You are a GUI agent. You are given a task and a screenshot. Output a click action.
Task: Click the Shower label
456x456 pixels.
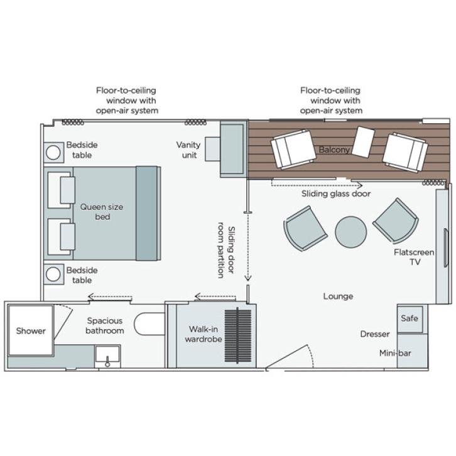click(31, 331)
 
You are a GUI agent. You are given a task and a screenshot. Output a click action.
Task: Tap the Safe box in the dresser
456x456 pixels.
click(410, 319)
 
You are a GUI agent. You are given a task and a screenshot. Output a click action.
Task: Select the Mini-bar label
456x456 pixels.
click(395, 354)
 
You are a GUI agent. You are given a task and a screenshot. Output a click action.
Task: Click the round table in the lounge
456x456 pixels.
click(350, 232)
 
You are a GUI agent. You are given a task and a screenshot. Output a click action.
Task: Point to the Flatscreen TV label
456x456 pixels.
click(413, 257)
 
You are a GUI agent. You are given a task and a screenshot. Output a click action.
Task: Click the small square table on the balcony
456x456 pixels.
click(363, 142)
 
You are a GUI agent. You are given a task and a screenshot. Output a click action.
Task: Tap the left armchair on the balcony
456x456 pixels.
click(294, 149)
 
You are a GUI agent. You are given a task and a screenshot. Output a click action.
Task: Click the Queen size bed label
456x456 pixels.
click(102, 212)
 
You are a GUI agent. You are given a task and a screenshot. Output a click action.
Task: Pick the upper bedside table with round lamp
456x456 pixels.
click(53, 152)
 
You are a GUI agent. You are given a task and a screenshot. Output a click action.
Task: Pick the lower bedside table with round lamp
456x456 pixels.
click(53, 274)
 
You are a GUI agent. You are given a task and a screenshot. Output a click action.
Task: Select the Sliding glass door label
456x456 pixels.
click(337, 194)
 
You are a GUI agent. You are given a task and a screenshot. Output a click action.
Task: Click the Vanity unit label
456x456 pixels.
click(188, 149)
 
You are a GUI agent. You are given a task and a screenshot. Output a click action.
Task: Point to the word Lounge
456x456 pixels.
click(338, 296)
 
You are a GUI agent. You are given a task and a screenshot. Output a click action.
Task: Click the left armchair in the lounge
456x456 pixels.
click(305, 227)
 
